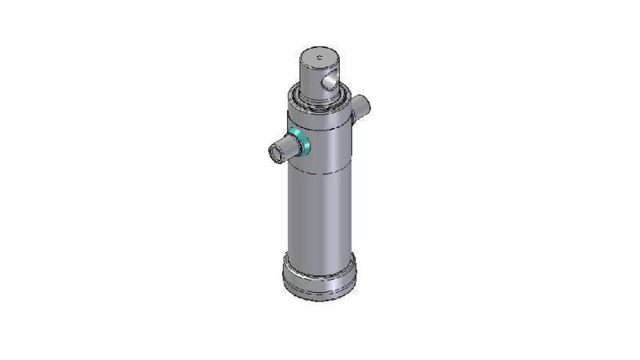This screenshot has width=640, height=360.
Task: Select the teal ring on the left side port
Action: [301, 142]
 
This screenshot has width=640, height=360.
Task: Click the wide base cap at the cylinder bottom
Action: [319, 276]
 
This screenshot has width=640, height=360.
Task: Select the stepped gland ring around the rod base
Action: [318, 101]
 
